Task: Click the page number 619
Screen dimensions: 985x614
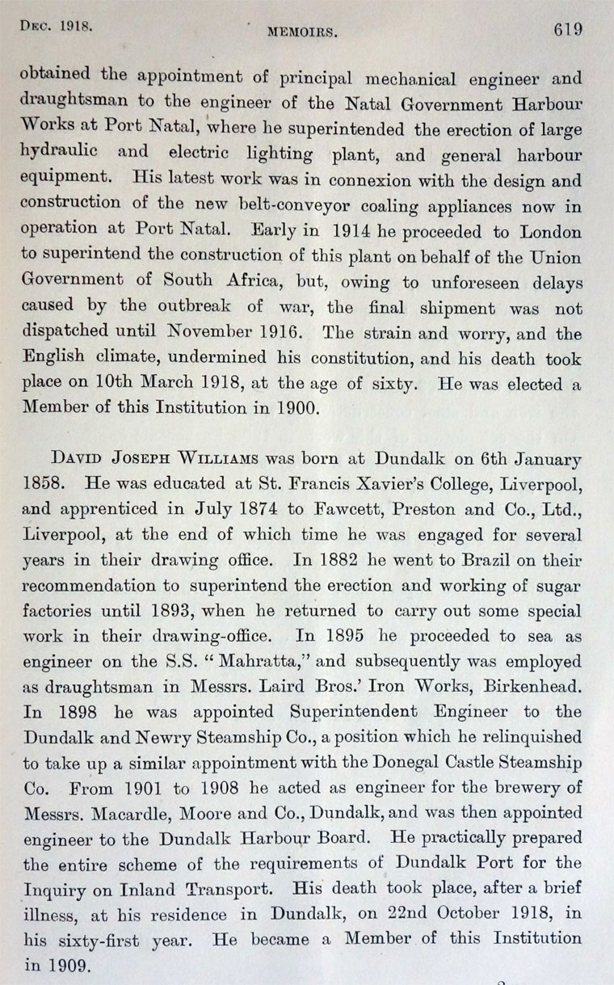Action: coord(568,29)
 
